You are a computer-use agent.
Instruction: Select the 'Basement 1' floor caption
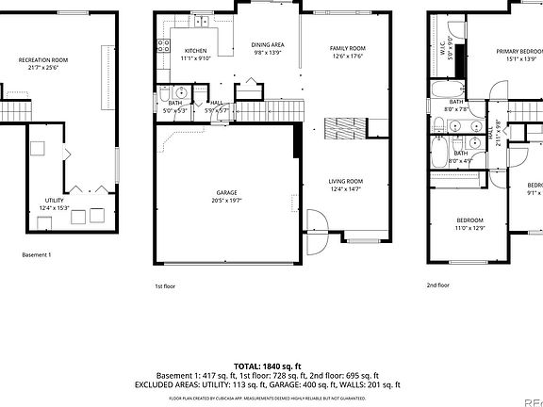point(37,254)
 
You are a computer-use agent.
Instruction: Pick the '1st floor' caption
point(164,285)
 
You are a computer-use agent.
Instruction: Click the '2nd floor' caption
point(437,285)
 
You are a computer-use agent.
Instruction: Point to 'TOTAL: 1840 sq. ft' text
point(267,366)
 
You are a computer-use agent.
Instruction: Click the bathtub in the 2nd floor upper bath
point(442,90)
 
